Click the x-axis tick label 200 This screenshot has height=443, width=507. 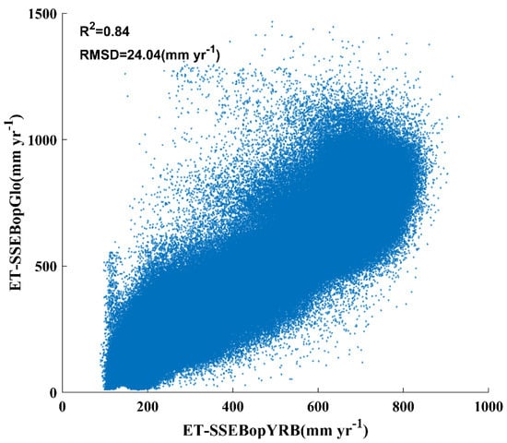(x=147, y=406)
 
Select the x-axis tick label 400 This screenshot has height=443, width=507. (x=233, y=406)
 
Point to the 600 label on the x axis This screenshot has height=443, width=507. (x=319, y=406)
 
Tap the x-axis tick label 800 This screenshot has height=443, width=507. (x=404, y=406)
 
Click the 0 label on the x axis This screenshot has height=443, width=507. (x=63, y=406)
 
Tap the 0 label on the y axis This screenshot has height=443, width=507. (x=53, y=392)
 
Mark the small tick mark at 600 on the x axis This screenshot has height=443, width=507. (x=319, y=389)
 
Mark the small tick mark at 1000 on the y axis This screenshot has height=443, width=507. (x=65, y=140)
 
